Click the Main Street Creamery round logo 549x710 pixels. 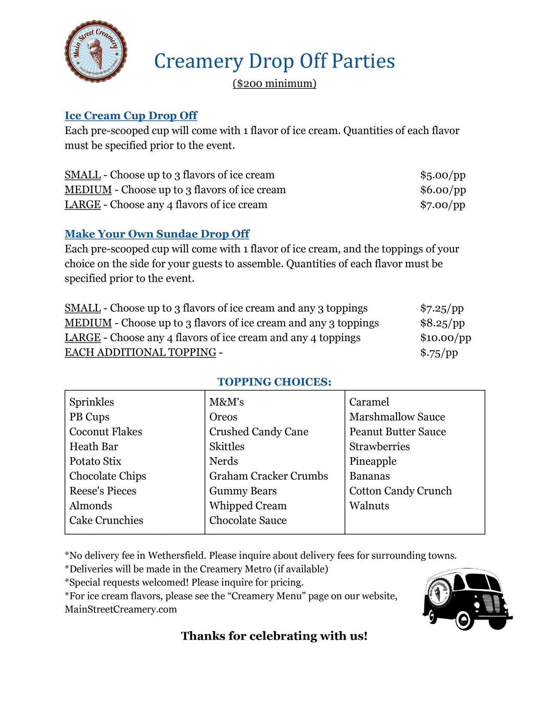click(x=96, y=51)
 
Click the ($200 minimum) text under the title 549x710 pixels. click(x=274, y=83)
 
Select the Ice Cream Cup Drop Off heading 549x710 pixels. click(x=131, y=116)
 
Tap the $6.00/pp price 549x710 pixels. click(x=443, y=190)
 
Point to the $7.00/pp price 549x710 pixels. click(x=442, y=205)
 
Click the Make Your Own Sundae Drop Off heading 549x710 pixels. click(x=157, y=234)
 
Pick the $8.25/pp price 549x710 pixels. click(x=442, y=323)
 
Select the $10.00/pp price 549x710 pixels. click(x=445, y=338)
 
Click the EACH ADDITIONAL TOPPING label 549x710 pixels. click(x=140, y=352)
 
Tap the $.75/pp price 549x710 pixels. click(x=439, y=353)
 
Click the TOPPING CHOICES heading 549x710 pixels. click(x=274, y=382)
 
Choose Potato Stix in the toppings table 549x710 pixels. click(x=95, y=461)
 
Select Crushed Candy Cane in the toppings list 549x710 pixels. click(x=259, y=432)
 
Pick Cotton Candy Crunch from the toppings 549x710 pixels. click(x=400, y=491)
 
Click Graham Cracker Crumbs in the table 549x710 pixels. click(x=268, y=476)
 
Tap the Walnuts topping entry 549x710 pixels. click(x=369, y=506)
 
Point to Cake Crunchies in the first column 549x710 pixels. click(x=106, y=521)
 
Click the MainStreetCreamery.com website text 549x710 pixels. click(x=121, y=609)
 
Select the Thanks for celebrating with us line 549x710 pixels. click(x=274, y=636)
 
